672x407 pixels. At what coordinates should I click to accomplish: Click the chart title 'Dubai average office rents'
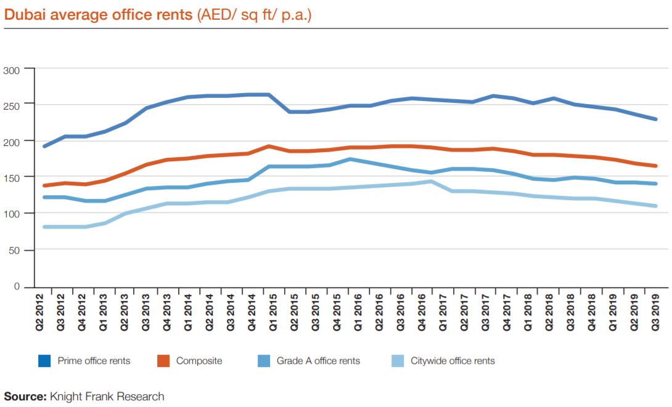click(98, 15)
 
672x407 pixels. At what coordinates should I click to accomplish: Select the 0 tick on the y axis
click(18, 287)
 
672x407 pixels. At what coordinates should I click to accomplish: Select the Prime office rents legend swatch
click(43, 361)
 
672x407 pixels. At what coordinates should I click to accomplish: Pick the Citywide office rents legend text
click(453, 361)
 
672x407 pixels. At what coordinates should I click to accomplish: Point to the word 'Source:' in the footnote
click(25, 397)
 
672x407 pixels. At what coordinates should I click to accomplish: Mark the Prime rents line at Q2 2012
click(44, 147)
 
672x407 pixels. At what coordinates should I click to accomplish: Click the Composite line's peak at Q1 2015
click(268, 146)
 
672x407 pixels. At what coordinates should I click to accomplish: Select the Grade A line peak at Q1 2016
click(350, 159)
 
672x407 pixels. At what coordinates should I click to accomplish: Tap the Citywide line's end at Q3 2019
click(656, 206)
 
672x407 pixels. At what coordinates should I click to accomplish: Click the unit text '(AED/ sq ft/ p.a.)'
click(254, 15)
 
